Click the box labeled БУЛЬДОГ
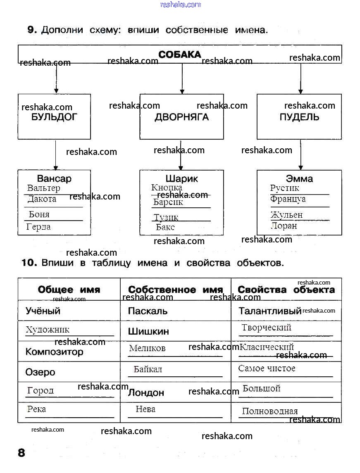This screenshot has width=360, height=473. [x=54, y=117]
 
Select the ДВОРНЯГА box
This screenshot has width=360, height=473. [x=181, y=117]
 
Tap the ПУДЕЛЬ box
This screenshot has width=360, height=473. [x=299, y=117]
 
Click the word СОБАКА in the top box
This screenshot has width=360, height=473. [x=180, y=55]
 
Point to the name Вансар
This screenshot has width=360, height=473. [x=54, y=179]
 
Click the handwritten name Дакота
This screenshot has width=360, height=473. [x=42, y=199]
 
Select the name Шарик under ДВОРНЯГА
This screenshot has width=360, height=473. [x=181, y=179]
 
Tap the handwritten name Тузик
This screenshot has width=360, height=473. [x=166, y=217]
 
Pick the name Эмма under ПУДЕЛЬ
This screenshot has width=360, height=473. [x=299, y=179]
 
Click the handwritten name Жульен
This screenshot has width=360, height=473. [x=286, y=215]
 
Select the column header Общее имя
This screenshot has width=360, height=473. [x=69, y=290]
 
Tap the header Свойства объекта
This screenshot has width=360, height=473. [x=286, y=290]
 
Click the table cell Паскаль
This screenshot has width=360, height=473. [x=148, y=311]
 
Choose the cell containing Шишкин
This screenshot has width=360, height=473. [x=148, y=331]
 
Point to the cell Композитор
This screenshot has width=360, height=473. [x=54, y=352]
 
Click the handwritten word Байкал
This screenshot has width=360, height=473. [x=148, y=369]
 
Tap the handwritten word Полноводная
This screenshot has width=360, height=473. [x=270, y=411]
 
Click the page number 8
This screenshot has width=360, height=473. [x=21, y=453]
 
